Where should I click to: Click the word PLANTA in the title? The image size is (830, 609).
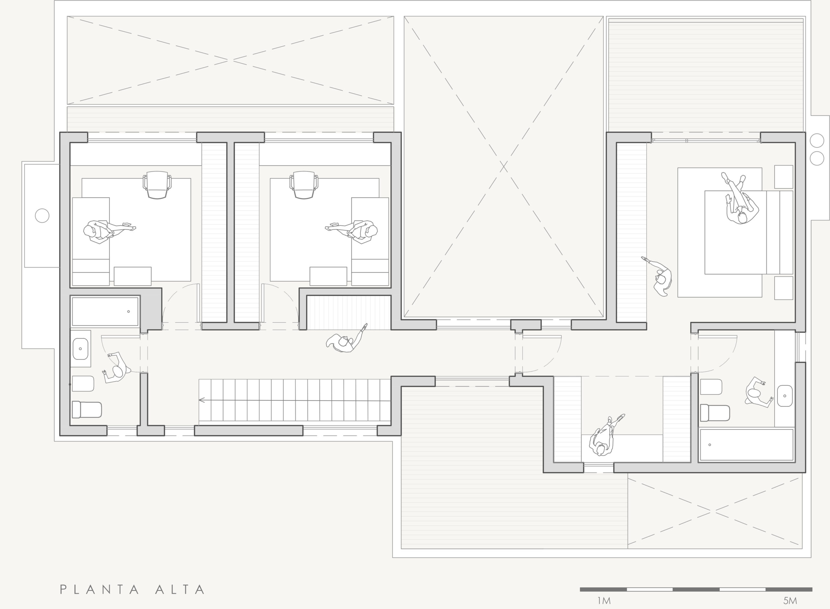(x=100, y=590)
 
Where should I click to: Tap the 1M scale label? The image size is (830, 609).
(x=604, y=601)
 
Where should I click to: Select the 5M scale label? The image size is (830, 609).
(x=790, y=601)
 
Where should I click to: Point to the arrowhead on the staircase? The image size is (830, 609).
(x=201, y=400)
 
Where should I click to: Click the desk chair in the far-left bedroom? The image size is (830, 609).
(x=157, y=185)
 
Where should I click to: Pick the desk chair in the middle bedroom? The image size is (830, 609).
(x=304, y=185)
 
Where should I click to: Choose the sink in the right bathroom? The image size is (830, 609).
(x=785, y=396)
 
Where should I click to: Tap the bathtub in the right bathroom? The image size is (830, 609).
(x=746, y=444)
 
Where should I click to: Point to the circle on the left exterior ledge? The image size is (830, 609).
(x=42, y=216)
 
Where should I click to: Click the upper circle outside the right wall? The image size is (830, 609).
(x=817, y=141)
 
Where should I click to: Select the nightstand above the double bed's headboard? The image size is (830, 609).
(x=784, y=177)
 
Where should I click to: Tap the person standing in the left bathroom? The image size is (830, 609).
(x=117, y=368)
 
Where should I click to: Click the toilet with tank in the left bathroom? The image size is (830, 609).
(x=87, y=409)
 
